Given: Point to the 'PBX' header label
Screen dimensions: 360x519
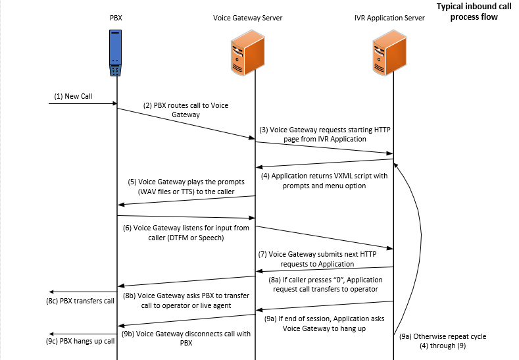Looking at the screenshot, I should click(x=116, y=18).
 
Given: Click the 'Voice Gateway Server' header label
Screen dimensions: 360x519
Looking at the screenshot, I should click(x=248, y=18).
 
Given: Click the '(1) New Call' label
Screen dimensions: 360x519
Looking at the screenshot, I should click(x=73, y=96).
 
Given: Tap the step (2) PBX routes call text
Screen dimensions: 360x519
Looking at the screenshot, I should click(x=185, y=109).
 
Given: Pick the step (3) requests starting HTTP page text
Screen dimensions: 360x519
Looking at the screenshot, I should click(x=325, y=135).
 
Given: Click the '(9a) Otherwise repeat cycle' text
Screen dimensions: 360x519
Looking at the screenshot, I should click(x=443, y=340).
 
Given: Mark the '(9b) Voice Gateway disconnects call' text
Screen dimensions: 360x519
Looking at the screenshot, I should click(x=185, y=338).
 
